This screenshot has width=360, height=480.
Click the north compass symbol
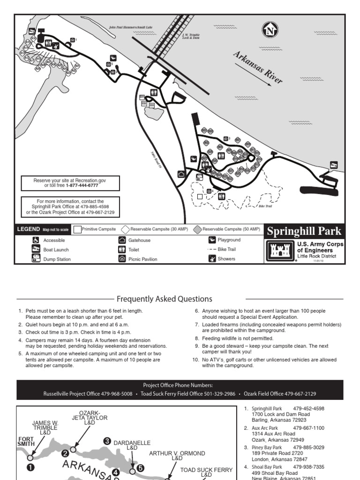pos(270,31)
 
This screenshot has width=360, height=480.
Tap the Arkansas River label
pos(258,68)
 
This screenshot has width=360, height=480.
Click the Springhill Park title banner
pos(304,231)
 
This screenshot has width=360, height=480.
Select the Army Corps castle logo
pos(279,251)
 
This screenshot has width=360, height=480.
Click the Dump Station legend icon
pos(36,259)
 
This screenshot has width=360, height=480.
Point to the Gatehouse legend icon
pos(122,240)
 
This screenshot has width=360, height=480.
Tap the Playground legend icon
pos(212,240)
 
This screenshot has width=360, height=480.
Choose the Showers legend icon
pos(212,259)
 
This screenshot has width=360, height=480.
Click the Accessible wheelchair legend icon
pos(36,240)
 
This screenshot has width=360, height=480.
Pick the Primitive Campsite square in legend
pos(77,229)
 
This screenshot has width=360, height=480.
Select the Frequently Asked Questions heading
pos(164,299)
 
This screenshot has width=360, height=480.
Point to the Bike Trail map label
pos(265,206)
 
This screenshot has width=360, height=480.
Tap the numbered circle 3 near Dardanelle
pos(107,441)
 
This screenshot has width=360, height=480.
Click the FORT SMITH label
pos(26,442)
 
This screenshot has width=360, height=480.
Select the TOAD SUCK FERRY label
pos(206,470)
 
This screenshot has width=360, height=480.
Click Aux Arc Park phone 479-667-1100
pos(308,428)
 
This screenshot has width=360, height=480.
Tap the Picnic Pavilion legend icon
pos(122,259)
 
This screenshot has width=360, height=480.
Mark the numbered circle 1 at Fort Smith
pos(31,467)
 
